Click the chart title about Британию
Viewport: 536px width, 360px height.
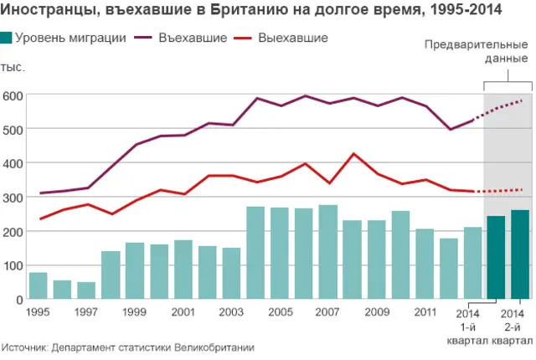coord(252,12)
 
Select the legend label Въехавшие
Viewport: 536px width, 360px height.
coord(192,39)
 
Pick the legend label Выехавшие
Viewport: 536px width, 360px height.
coord(293,39)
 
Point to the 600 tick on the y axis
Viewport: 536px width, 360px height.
coord(12,95)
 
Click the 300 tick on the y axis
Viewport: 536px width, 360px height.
coord(12,198)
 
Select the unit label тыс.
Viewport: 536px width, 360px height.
coord(13,67)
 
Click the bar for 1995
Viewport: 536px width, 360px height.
coord(38,285)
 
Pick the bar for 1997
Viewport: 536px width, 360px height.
coord(86,291)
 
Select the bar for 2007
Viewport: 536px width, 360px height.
coord(327,252)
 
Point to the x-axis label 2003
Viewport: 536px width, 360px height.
coord(232,312)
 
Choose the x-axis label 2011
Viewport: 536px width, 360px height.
coord(425,312)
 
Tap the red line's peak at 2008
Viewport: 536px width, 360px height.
coord(353,154)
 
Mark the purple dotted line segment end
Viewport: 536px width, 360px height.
coord(522,100)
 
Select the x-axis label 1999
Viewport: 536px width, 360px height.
coord(135,312)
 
